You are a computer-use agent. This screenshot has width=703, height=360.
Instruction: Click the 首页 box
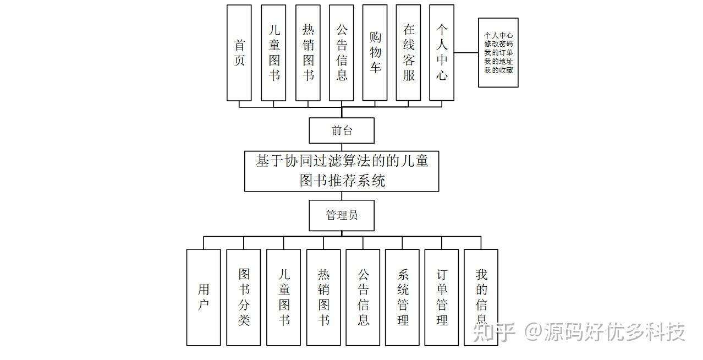[x=239, y=53]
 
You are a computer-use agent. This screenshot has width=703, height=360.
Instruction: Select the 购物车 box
[x=375, y=53]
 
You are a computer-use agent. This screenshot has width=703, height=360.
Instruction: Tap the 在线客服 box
[x=409, y=53]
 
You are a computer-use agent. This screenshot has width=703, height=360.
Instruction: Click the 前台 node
[x=342, y=131]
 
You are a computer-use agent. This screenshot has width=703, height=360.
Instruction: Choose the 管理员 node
[x=342, y=215]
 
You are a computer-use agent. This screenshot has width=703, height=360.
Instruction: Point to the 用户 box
[x=204, y=297]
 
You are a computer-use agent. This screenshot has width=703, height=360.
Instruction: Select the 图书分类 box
[x=244, y=297]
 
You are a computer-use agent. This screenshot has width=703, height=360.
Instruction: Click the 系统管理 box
[x=403, y=297]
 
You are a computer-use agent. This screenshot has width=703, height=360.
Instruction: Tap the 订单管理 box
[x=442, y=297]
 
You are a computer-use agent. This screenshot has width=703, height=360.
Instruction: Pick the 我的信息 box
[x=481, y=297]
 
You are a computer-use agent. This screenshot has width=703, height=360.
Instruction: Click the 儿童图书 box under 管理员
[x=284, y=297]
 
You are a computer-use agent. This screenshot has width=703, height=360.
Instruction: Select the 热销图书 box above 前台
[x=308, y=53]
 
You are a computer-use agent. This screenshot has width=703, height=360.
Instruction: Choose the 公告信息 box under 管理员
[x=363, y=297]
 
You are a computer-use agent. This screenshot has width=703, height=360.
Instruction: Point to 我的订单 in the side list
[x=498, y=53]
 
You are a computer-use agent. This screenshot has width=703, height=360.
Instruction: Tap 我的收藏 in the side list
[x=498, y=70]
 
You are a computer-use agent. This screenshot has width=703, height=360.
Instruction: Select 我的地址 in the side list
[x=498, y=62]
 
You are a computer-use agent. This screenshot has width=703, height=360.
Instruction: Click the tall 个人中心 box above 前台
[x=442, y=53]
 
